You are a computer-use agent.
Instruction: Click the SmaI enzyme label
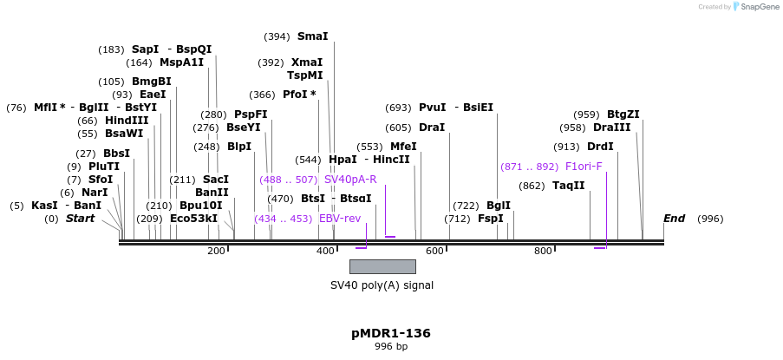coord(312,36)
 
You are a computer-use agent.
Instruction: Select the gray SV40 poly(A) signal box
coord(382,266)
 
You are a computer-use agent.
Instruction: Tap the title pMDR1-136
coord(390,333)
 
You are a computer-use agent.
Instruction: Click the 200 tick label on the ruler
coord(216,251)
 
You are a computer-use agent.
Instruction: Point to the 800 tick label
coord(543,251)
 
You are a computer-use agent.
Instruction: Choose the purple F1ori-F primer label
coord(584,167)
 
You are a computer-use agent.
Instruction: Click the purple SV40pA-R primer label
coord(350,180)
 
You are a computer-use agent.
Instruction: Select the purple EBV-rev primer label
coord(340,219)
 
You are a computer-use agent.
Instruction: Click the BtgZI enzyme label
coord(623,115)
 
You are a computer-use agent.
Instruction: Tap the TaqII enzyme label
coord(568,186)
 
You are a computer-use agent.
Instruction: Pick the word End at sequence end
coord(674,219)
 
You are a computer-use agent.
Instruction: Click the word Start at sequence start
coord(80,219)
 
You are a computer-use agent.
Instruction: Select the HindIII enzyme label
coord(127,121)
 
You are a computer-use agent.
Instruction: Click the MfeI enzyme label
coord(403,147)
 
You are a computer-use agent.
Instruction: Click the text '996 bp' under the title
coord(390,346)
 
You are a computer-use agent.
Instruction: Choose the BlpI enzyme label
coord(239,147)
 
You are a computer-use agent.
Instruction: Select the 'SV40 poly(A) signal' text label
coord(382,285)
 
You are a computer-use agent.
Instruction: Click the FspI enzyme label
coord(490,219)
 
